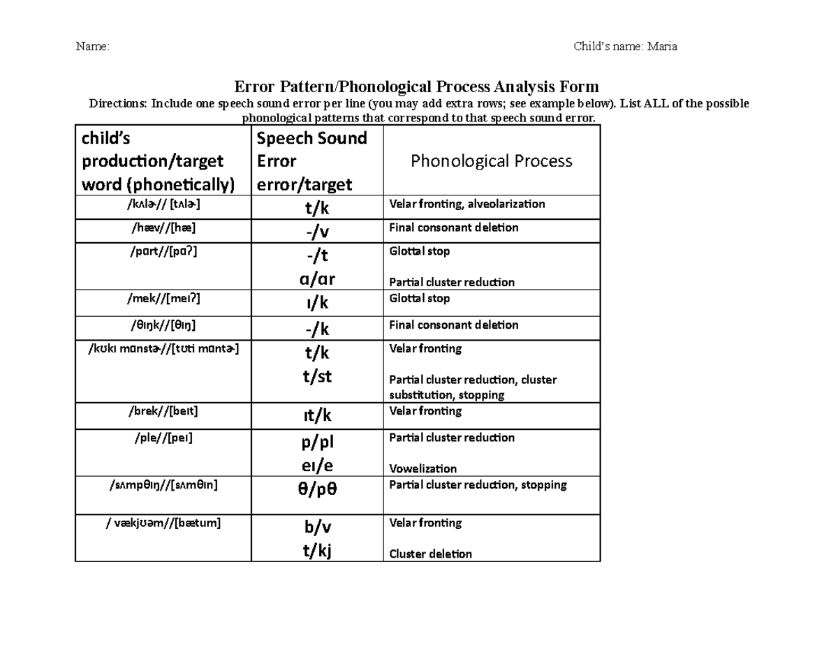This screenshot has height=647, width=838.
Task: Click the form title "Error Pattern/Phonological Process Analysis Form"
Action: tap(416, 87)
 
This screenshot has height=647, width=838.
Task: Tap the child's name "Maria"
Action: tap(661, 47)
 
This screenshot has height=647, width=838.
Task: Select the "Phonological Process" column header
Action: tap(491, 161)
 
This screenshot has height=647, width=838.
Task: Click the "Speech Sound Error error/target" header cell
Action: tap(311, 161)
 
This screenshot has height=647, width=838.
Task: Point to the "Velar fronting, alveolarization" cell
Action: tap(466, 204)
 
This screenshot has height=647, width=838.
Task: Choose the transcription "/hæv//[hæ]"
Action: tap(163, 228)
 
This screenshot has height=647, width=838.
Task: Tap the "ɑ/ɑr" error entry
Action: tap(316, 279)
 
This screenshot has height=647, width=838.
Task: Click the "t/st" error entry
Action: tap(316, 377)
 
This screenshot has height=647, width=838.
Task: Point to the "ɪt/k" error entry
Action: tap(316, 416)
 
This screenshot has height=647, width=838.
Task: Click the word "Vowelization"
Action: tap(422, 468)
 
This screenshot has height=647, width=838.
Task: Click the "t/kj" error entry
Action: tap(316, 551)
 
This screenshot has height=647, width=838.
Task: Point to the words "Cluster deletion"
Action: tap(430, 554)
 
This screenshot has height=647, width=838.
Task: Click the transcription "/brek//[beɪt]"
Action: tap(163, 411)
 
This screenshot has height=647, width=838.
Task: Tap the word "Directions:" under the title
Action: tap(118, 103)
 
